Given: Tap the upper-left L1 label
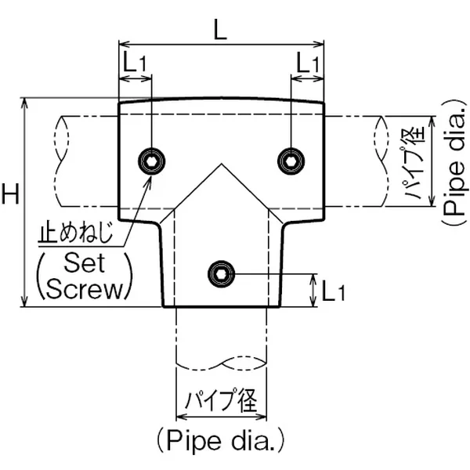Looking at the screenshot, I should point(134,62).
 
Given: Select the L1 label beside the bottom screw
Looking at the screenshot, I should point(333,292).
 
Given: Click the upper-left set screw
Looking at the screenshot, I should point(151,161).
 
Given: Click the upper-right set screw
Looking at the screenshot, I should point(291,161).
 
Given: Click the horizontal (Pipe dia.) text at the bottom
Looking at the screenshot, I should point(221,439).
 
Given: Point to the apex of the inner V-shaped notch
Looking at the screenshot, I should point(221,164).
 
